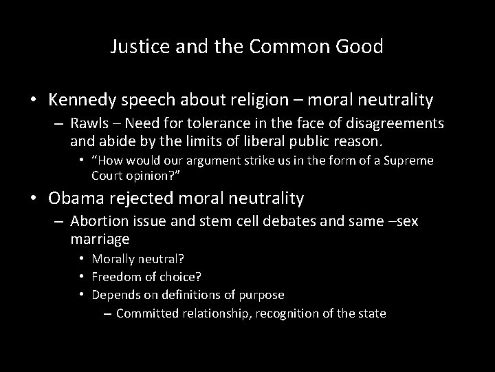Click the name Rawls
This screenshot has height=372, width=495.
pos(89,123)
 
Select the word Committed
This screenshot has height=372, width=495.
pos(149,313)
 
